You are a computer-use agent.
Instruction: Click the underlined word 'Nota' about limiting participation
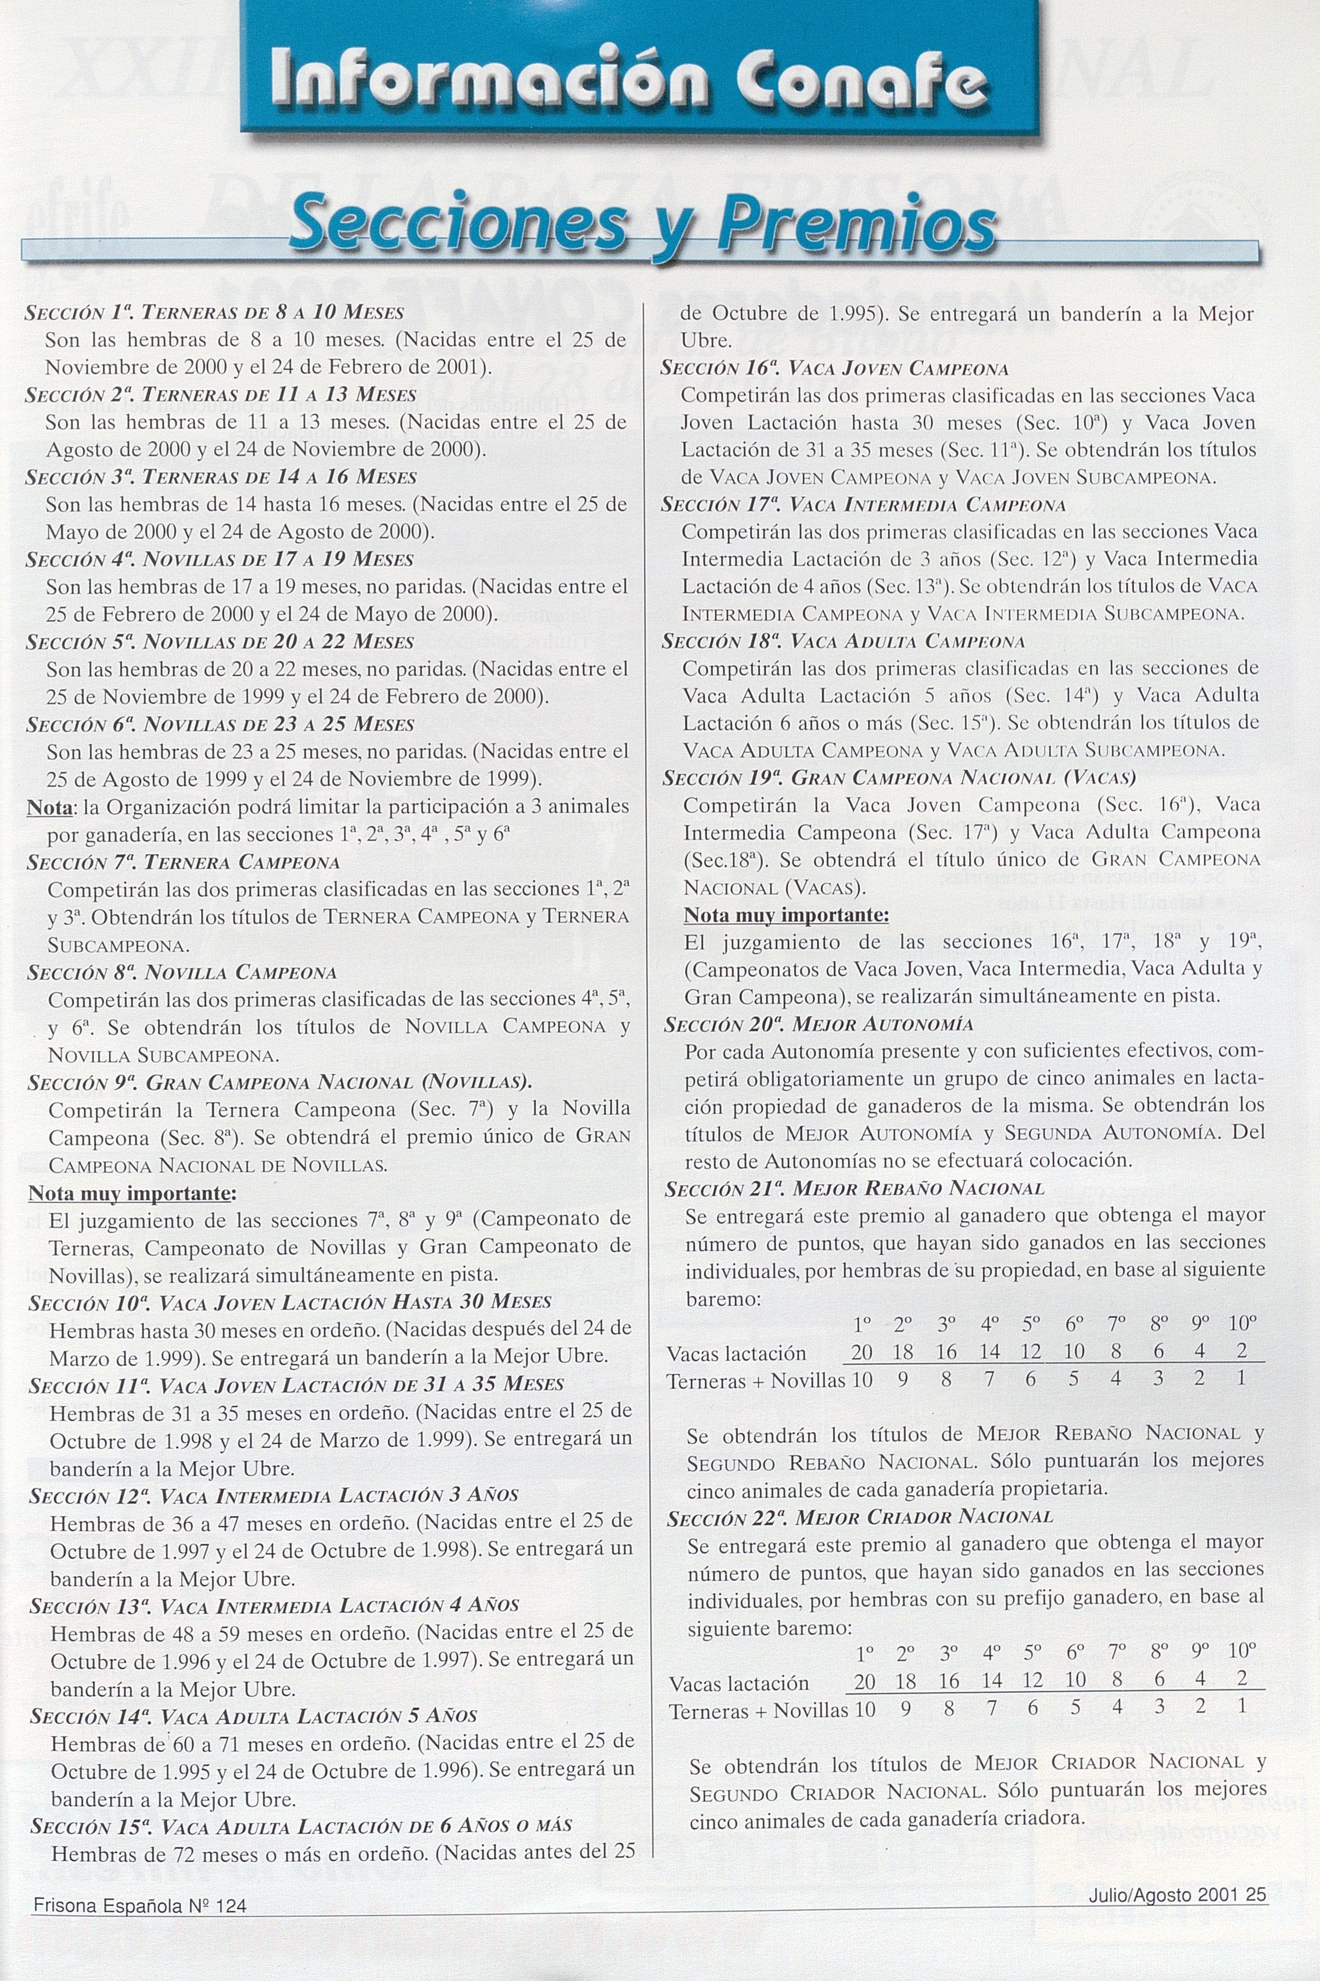click(49, 807)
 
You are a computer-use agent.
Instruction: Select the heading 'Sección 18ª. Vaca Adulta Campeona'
click(842, 641)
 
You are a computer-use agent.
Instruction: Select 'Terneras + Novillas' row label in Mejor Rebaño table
click(755, 1381)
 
